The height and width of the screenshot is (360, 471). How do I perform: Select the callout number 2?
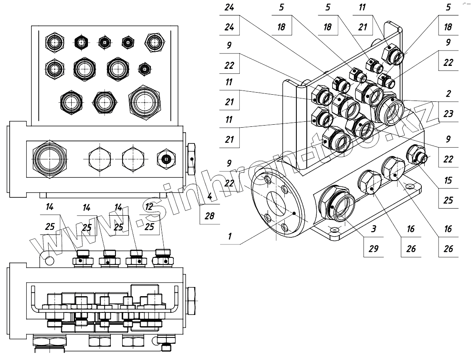[x=448, y=93]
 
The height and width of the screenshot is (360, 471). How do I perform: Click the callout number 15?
[x=448, y=181]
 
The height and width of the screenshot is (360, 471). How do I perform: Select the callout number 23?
[x=448, y=113]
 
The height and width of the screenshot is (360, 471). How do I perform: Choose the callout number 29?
[x=373, y=249]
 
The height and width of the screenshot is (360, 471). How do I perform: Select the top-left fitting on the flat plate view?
[x=55, y=42]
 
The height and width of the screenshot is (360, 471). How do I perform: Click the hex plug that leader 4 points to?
[x=192, y=159]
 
